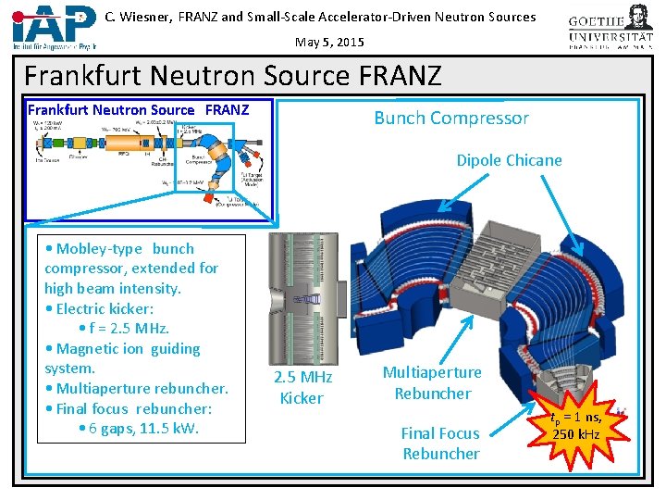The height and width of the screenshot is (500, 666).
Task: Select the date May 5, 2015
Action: coord(330,42)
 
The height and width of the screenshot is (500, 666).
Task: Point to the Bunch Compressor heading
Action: coord(450,118)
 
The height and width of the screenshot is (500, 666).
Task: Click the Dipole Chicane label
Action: coord(509,160)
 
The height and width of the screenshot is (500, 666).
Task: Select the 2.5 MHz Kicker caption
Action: coord(302,388)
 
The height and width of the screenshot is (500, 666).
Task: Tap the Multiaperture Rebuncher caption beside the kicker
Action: coord(432,382)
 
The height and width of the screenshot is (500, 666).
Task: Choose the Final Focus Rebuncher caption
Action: coord(440,444)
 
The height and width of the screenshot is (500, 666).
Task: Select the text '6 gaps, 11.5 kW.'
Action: coord(143,429)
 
